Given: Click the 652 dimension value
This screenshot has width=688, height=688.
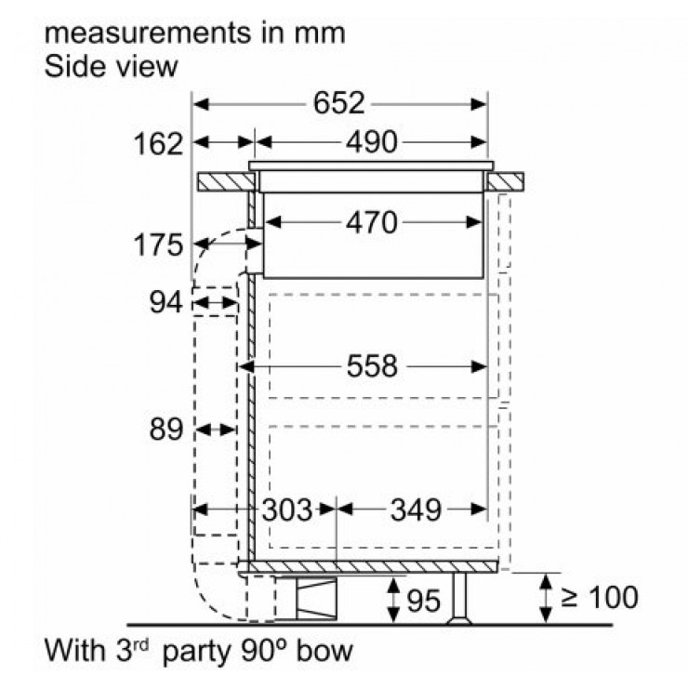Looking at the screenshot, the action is (338, 103).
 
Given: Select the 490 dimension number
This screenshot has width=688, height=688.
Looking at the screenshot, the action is (372, 142).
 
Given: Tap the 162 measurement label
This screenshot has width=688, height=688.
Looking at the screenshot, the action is (158, 144).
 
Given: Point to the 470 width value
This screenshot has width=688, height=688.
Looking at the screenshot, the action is (372, 223).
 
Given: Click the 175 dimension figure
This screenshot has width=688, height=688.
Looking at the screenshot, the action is (158, 245).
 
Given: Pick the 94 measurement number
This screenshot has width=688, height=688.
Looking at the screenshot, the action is (165, 302).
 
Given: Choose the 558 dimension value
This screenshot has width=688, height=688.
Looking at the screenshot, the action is (372, 366).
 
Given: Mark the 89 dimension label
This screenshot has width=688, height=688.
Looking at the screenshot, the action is (165, 430).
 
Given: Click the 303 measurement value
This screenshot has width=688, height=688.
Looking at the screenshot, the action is (287, 509).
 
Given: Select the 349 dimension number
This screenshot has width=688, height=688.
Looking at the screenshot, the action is (416, 509).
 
